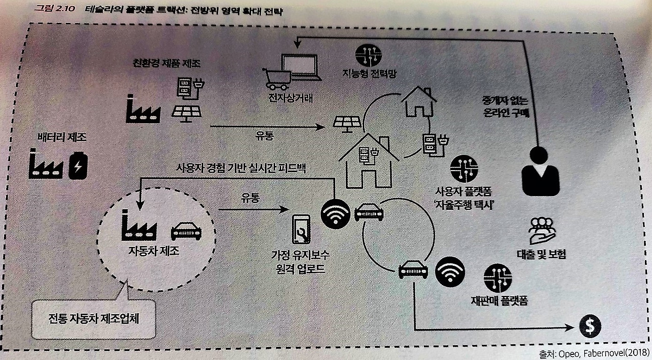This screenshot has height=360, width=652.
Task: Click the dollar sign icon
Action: point(590,326)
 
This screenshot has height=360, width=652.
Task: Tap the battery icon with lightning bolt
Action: point(78,165)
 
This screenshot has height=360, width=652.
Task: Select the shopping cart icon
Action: point(277,79)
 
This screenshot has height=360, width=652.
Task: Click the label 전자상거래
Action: point(291,98)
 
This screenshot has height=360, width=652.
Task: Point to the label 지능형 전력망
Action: point(369,73)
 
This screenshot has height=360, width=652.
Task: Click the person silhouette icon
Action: point(540,171)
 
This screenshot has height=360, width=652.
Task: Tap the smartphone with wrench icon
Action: point(301,229)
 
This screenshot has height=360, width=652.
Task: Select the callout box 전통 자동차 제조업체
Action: point(93,319)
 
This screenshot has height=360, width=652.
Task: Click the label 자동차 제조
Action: point(154,251)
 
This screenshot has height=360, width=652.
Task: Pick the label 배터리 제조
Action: point(62,137)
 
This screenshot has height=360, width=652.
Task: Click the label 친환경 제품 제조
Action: point(167,63)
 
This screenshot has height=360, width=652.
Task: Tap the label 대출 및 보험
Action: point(541,255)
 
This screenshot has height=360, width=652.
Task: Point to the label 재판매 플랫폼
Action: point(499,300)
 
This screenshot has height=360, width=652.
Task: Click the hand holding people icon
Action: point(541,231)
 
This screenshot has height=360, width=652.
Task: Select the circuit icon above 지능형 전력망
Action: point(368,55)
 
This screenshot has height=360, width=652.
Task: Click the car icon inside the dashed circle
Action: point(186,232)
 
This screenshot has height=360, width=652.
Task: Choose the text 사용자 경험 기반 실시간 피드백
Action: point(241,168)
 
